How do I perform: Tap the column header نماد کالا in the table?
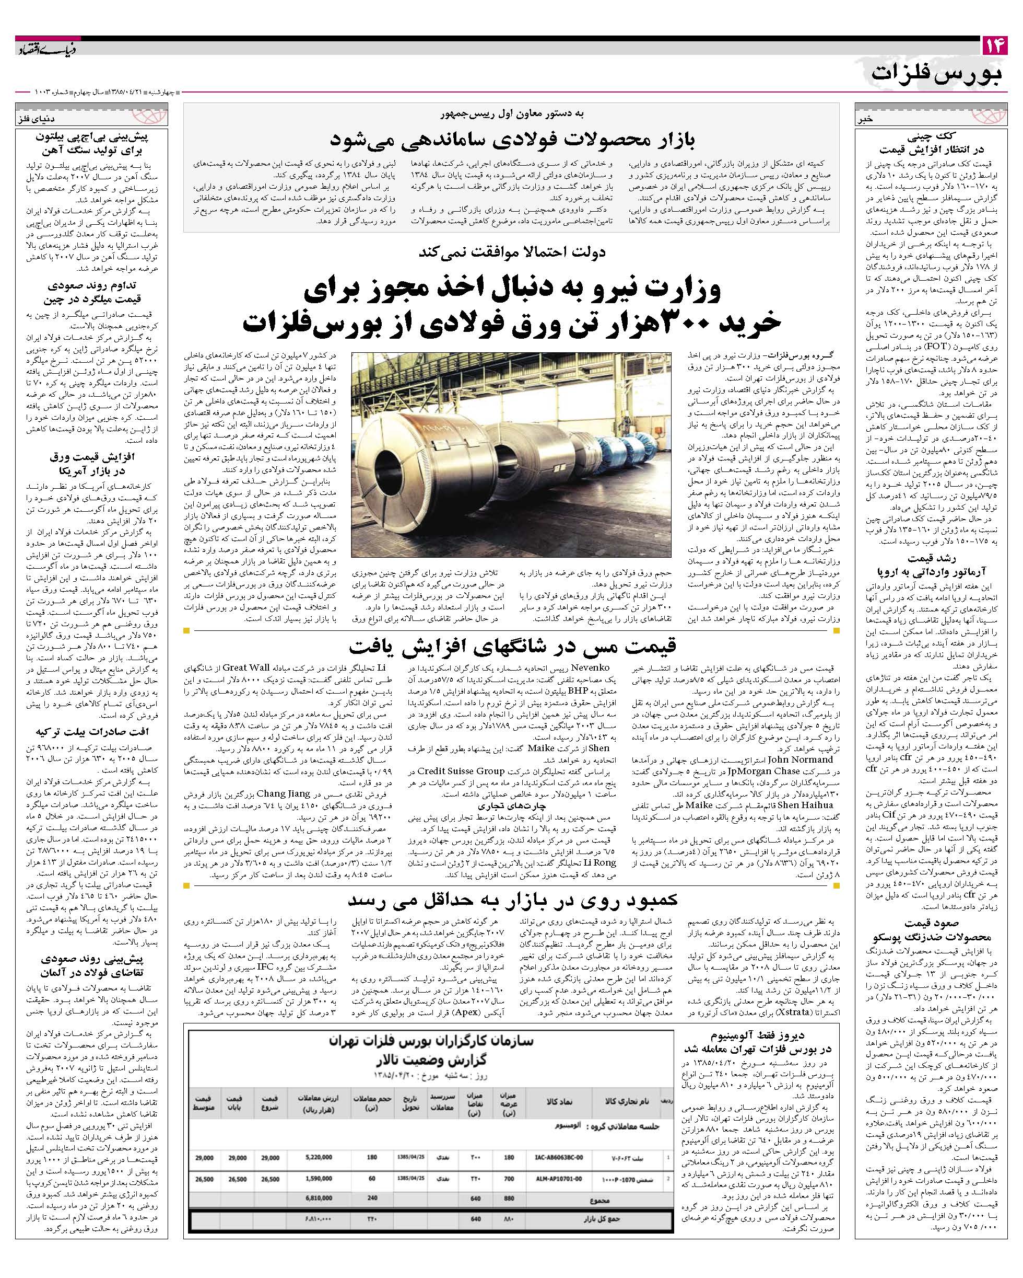559,1101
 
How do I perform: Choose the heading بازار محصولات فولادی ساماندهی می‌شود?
512,140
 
